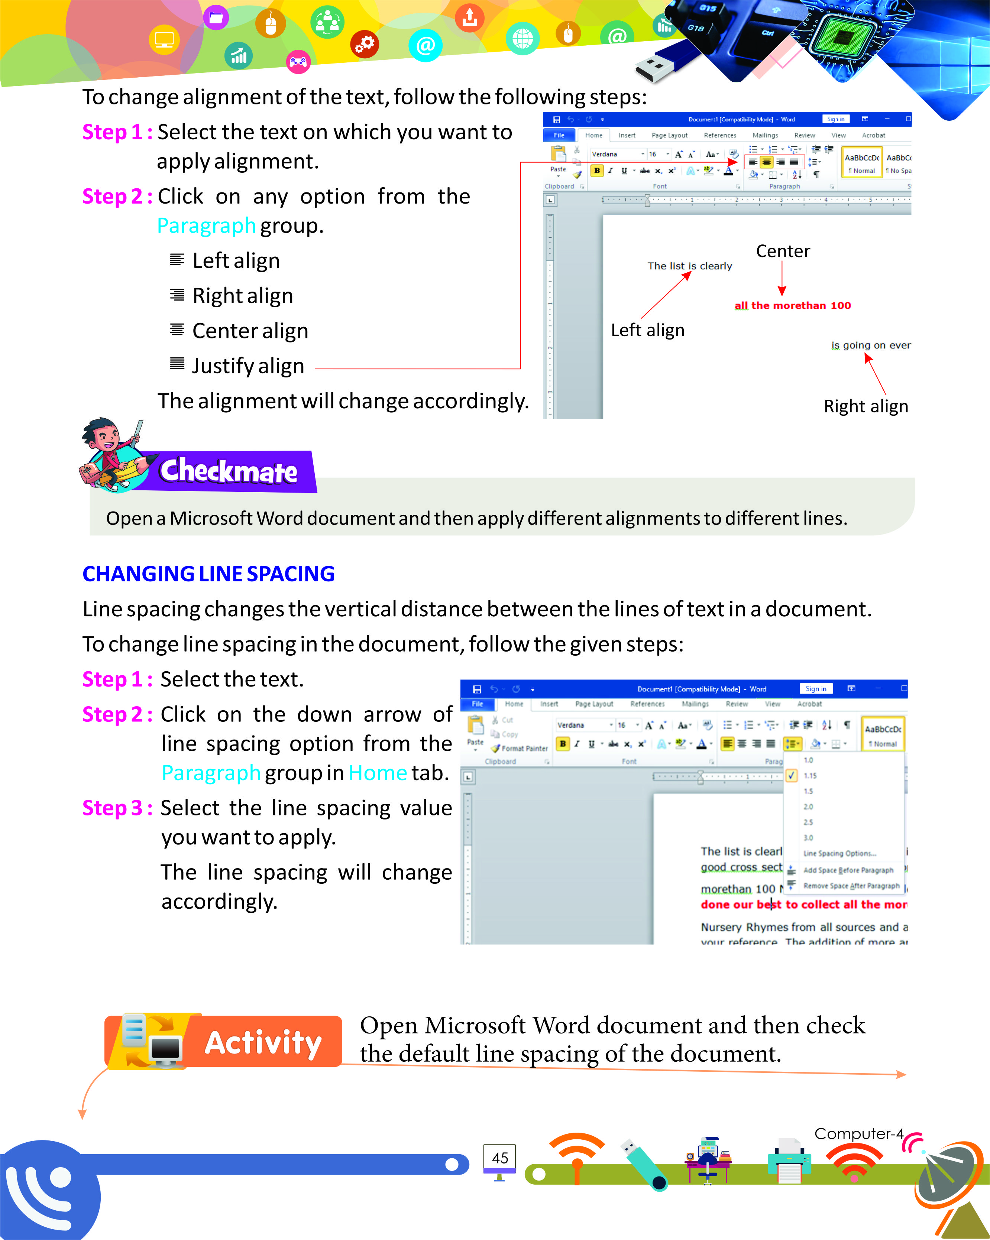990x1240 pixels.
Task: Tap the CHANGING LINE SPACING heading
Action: click(208, 574)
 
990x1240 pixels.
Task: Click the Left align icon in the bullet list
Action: click(177, 260)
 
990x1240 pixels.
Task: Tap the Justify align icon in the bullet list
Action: click(177, 364)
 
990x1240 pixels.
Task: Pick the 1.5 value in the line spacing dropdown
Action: click(808, 791)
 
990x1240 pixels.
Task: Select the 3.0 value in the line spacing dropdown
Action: click(808, 837)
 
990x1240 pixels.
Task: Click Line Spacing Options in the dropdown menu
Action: click(839, 854)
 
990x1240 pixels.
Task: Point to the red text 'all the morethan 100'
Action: click(792, 305)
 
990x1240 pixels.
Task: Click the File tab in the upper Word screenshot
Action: click(559, 135)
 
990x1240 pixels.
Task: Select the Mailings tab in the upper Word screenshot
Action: click(765, 135)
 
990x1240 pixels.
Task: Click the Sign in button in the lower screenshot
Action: click(815, 688)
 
